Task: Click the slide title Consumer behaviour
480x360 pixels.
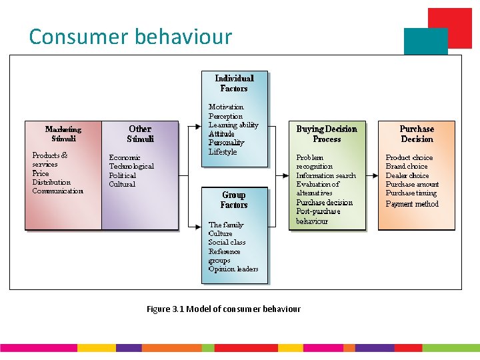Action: (x=130, y=36)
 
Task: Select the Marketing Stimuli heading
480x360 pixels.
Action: (x=63, y=134)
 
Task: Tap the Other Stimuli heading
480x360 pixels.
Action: (x=140, y=134)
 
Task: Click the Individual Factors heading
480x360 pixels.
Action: (x=234, y=83)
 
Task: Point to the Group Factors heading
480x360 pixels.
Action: (x=234, y=200)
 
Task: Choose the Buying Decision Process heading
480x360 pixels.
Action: (x=327, y=134)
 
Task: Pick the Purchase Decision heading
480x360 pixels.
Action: (x=417, y=134)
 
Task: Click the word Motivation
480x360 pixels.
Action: (x=226, y=107)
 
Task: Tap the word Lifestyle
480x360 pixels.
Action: (x=223, y=152)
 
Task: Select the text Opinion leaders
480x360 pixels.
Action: (x=233, y=269)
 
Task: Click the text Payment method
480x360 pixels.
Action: (x=412, y=204)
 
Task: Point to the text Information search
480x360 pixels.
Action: (x=326, y=175)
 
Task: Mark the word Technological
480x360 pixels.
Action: (x=131, y=167)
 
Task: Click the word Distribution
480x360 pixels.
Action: (x=51, y=182)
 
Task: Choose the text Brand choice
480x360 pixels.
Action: (x=407, y=167)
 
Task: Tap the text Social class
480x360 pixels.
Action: (x=227, y=243)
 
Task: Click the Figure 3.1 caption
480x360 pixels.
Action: (x=223, y=309)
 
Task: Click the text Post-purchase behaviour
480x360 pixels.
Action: (x=318, y=216)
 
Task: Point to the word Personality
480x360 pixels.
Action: (x=226, y=143)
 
